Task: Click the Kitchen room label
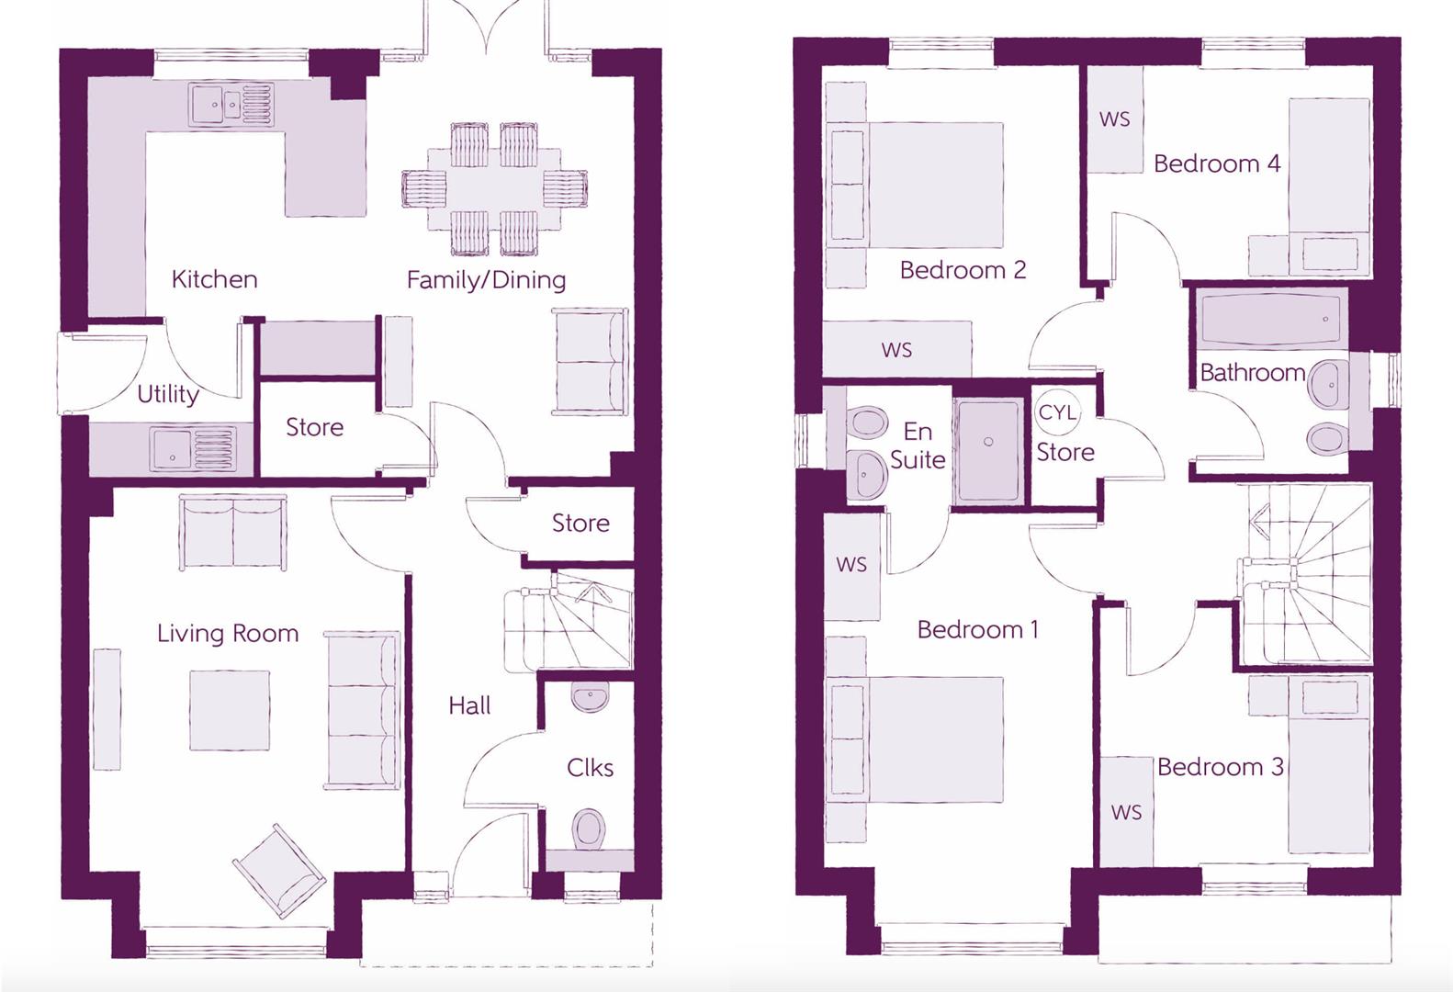214,279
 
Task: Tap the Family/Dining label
486,280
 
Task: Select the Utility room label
168,394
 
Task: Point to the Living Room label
228,633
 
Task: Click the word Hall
469,705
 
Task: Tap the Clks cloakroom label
590,767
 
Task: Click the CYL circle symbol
1057,412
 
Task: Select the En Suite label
918,445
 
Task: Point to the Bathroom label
1252,372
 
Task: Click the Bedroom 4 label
1216,163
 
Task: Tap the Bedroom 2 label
963,270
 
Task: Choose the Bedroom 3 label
1220,767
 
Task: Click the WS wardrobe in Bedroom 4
1115,119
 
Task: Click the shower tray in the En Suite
988,450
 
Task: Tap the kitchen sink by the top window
231,105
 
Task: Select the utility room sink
194,449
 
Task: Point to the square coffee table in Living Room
230,710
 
